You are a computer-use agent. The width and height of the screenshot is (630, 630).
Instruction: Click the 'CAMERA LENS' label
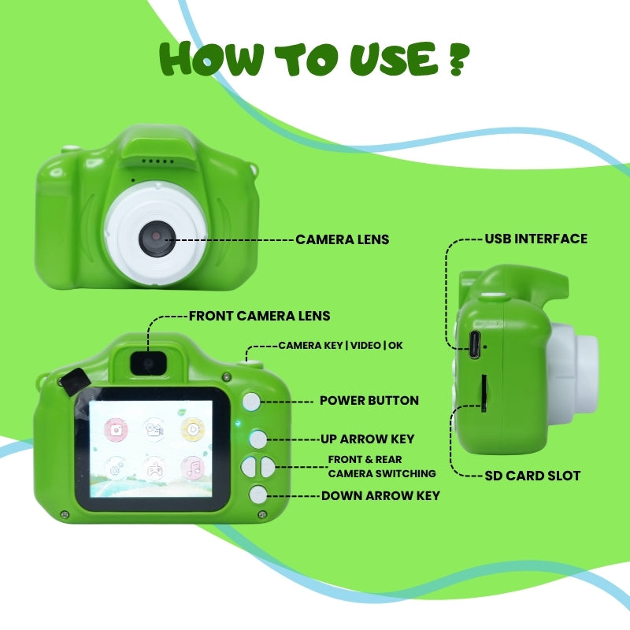(x=343, y=239)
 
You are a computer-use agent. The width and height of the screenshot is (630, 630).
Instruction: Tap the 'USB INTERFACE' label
(x=536, y=239)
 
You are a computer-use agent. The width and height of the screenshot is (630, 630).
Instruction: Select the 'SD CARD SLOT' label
(x=532, y=476)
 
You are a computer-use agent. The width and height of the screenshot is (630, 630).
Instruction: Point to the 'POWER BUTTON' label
(x=369, y=401)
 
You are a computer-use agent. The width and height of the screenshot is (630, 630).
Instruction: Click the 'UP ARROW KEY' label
(x=367, y=439)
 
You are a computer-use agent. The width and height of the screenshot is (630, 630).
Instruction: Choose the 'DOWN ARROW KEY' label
(x=380, y=496)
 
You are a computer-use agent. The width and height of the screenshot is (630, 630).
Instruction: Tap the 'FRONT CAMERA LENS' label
(x=260, y=316)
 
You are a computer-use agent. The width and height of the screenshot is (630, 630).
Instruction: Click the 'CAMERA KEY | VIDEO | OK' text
(x=341, y=346)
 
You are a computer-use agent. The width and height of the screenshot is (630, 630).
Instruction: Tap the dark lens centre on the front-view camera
(x=157, y=239)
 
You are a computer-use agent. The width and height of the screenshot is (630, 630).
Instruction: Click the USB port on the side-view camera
(x=475, y=345)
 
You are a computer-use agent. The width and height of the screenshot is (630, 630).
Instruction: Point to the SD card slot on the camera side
(x=484, y=393)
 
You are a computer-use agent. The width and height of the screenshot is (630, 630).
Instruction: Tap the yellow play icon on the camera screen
(x=193, y=430)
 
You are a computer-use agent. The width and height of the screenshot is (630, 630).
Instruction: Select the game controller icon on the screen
(x=154, y=469)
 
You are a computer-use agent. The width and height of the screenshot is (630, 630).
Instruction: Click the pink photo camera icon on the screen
(x=116, y=429)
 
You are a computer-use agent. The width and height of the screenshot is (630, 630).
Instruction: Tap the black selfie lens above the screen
(x=148, y=363)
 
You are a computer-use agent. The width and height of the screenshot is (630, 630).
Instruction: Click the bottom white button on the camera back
(x=258, y=495)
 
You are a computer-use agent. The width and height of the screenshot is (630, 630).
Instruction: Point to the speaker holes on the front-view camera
(x=158, y=161)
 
